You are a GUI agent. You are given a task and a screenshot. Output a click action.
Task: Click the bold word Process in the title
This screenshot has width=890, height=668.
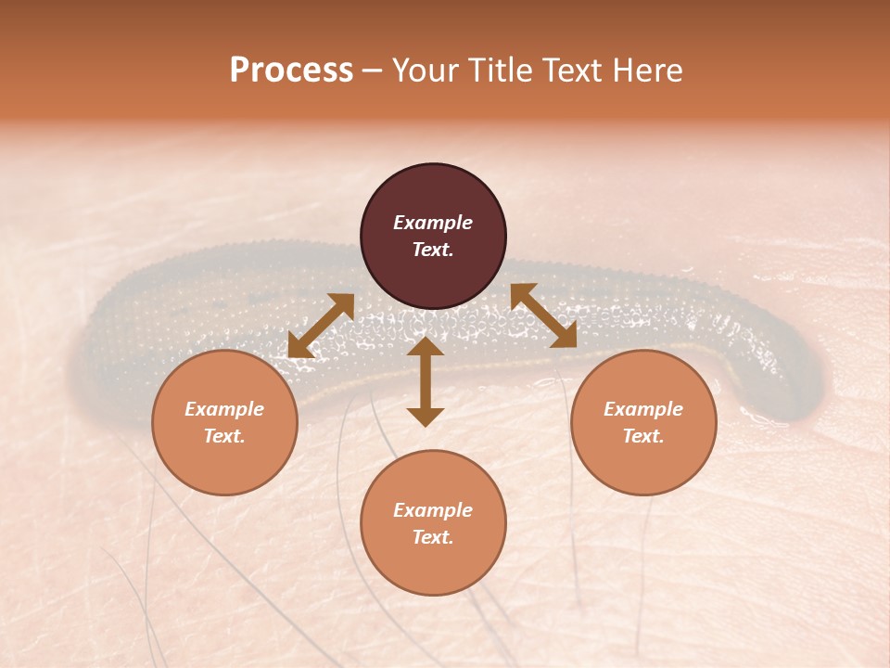tap(291, 71)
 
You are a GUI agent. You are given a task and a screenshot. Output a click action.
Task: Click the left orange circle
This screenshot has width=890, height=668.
tap(224, 422)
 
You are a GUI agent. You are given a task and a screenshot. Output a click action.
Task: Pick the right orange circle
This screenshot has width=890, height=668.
tap(643, 422)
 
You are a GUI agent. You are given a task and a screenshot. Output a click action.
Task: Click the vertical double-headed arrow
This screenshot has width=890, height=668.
tap(426, 382)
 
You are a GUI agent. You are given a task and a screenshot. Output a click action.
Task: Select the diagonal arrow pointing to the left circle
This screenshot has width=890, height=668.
tap(321, 326)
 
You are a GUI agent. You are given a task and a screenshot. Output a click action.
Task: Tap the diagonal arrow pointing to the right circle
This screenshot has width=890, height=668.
tap(543, 315)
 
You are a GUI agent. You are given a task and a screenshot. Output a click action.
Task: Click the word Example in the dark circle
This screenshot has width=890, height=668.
tap(433, 223)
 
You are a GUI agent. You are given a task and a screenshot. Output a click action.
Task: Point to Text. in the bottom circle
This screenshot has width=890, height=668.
tap(433, 537)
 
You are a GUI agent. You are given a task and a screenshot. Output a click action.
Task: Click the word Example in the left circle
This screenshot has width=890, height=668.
tap(224, 409)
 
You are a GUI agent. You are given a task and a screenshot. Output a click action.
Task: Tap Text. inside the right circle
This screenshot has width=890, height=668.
tap(643, 436)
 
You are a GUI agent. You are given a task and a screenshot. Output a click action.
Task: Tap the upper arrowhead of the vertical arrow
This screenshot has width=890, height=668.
tap(426, 346)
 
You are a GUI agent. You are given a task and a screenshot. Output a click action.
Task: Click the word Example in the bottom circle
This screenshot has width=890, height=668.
tap(433, 510)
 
